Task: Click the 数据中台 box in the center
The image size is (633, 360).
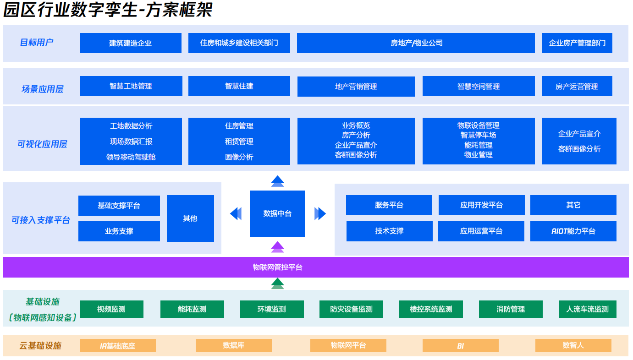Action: [x=277, y=213]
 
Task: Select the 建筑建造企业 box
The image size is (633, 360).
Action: [x=130, y=43]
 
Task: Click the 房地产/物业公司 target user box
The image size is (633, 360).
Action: [x=416, y=43]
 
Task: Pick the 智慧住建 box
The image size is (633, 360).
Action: [x=239, y=86]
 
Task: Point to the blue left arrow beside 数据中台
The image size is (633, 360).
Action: [x=236, y=213]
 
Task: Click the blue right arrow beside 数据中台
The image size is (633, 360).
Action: [x=320, y=213]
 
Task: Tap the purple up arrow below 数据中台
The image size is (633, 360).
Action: [x=277, y=247]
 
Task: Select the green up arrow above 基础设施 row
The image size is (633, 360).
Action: [x=277, y=284]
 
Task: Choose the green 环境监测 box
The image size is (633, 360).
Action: [x=271, y=309]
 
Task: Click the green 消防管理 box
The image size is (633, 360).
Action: [x=510, y=309]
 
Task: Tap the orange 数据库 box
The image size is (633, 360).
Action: [x=233, y=345]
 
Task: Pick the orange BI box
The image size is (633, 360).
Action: [x=460, y=345]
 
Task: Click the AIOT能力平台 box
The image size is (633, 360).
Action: [x=573, y=231]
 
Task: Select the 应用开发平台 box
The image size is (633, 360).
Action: [x=481, y=205]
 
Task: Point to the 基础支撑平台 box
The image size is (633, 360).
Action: [x=119, y=206]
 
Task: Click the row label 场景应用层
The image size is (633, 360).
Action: [x=42, y=89]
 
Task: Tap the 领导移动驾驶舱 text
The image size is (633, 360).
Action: [x=131, y=157]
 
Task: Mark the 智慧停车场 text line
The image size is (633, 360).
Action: [x=478, y=135]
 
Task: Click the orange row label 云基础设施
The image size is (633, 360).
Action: [x=40, y=345]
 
